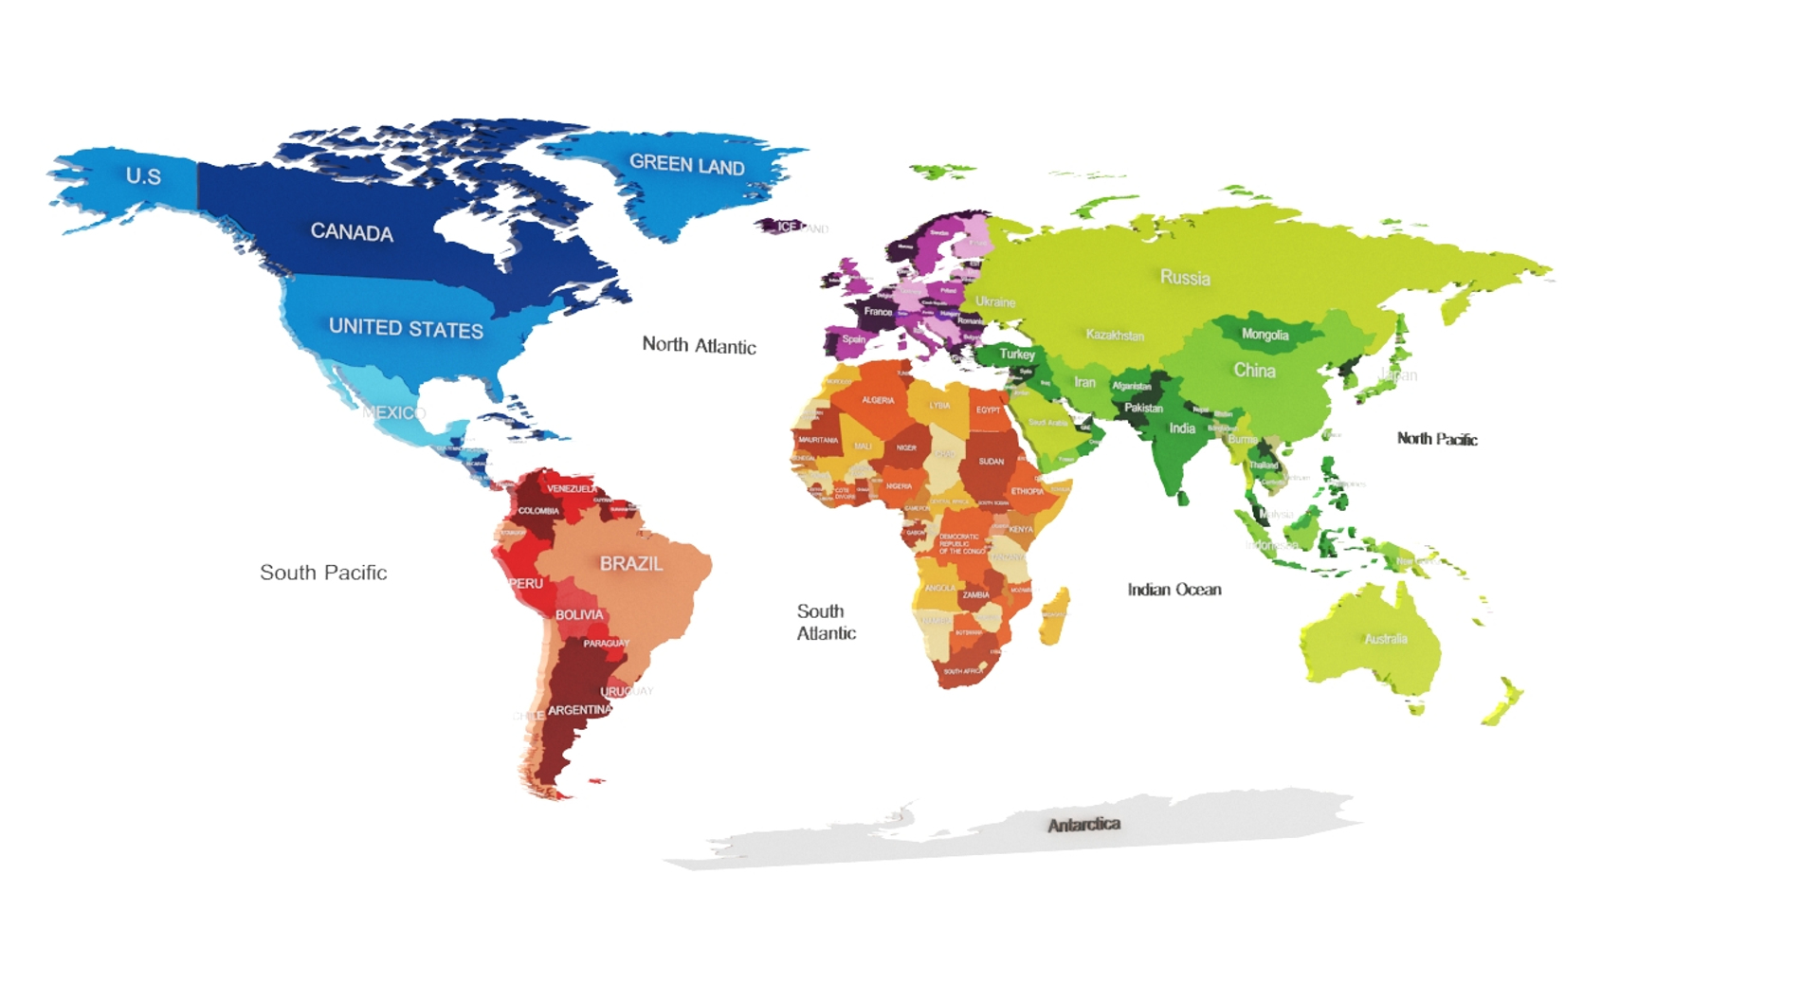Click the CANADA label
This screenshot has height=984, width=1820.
(x=352, y=232)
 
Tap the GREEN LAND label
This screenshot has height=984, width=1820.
(x=687, y=165)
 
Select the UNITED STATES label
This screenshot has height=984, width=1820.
(x=406, y=328)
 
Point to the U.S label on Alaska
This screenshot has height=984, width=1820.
(x=143, y=176)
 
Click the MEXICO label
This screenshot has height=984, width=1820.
(x=393, y=412)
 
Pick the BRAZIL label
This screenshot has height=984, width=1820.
(x=630, y=563)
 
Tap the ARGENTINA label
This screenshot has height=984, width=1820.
(x=579, y=710)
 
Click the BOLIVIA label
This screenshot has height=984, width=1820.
(x=578, y=615)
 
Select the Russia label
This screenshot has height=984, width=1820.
(x=1185, y=278)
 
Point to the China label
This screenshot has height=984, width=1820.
(x=1254, y=371)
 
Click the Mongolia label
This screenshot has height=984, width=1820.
(x=1265, y=335)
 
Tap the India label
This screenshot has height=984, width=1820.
(x=1182, y=428)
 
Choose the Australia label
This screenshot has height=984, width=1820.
(x=1385, y=639)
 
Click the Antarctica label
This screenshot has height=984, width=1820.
(x=1083, y=825)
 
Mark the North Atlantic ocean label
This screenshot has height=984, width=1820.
(x=699, y=345)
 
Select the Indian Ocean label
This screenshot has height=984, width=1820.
(x=1174, y=590)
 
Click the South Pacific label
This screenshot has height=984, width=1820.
(x=323, y=573)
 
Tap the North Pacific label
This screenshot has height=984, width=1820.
(x=1436, y=439)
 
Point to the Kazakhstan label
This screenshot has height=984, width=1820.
(x=1115, y=336)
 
